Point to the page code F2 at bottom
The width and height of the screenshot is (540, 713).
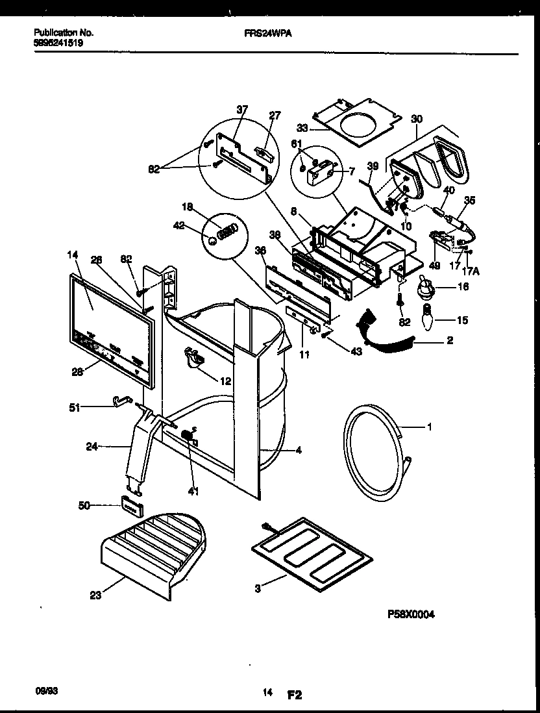coord(295,695)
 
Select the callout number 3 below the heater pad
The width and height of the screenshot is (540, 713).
coord(258,589)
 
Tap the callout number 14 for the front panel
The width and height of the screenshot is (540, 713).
coord(71,256)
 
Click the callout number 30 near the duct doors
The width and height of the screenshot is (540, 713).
coord(416,119)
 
